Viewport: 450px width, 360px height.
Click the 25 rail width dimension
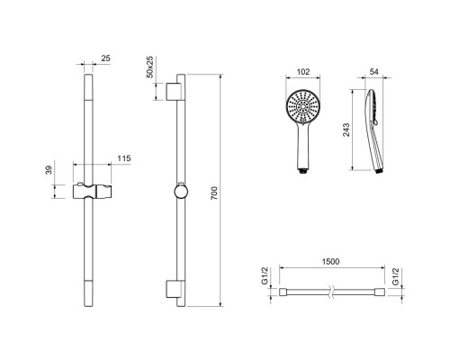pyautogui.click(x=105, y=58)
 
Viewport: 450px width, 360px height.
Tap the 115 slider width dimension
pyautogui.click(x=124, y=158)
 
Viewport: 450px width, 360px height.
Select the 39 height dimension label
pyautogui.click(x=49, y=170)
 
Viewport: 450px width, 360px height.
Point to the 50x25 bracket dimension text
pyautogui.click(x=150, y=67)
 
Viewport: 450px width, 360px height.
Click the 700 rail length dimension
pyautogui.click(x=214, y=193)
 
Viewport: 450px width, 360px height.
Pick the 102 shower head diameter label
pyautogui.click(x=303, y=72)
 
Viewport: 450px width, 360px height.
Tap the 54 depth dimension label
pyautogui.click(x=374, y=72)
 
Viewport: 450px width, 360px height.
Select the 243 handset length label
pyautogui.click(x=346, y=130)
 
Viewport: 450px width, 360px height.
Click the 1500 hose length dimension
pyautogui.click(x=330, y=262)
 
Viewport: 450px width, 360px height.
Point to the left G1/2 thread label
pyautogui.click(x=265, y=276)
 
